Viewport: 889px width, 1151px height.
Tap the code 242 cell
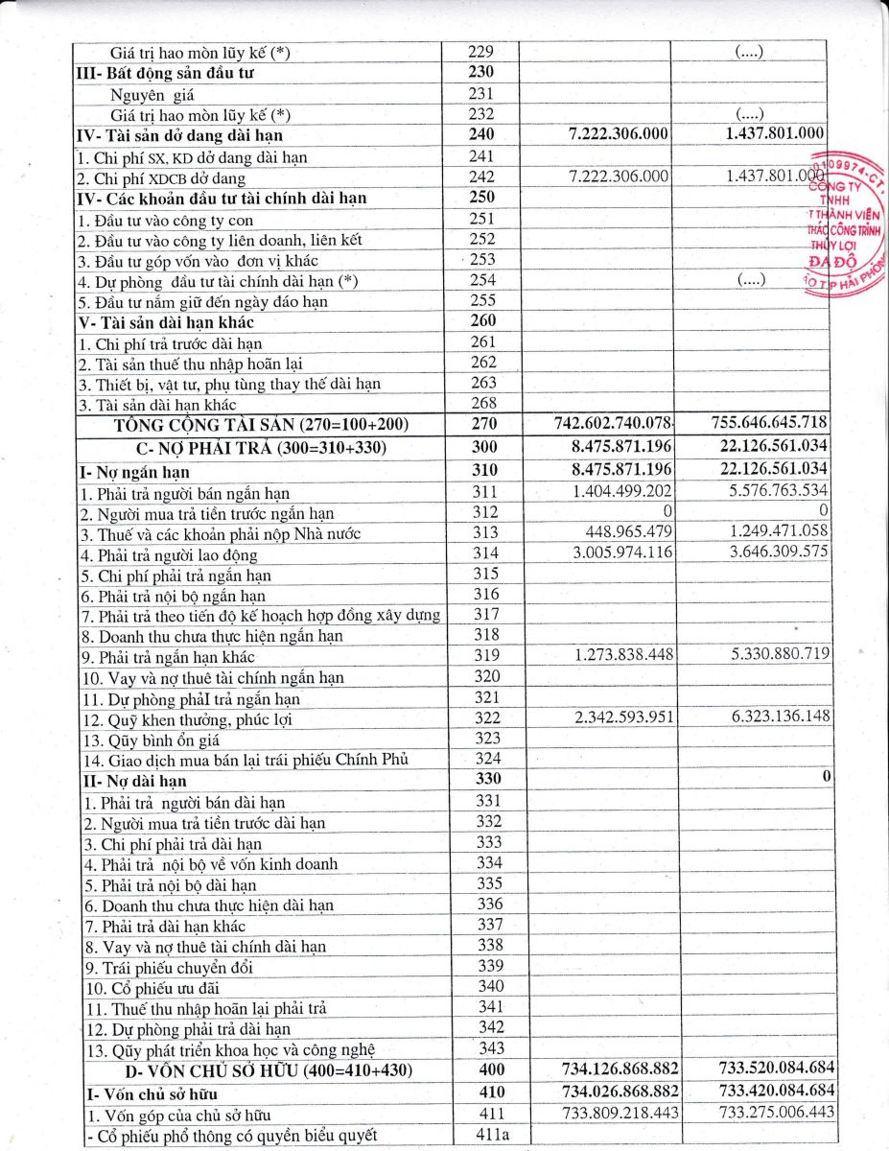tap(484, 177)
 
